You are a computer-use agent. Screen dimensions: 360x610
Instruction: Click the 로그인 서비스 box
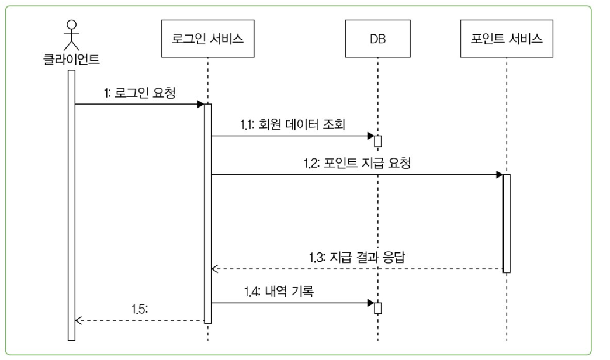click(x=209, y=40)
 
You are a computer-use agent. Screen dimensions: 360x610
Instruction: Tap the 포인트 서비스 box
click(x=507, y=40)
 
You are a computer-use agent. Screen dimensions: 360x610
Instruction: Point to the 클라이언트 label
click(x=71, y=58)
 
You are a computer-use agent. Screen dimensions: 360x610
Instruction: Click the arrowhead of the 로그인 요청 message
click(x=200, y=105)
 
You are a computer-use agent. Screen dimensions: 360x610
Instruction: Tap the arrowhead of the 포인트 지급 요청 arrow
click(x=499, y=175)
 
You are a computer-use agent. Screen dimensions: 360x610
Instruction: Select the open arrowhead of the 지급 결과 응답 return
click(x=214, y=269)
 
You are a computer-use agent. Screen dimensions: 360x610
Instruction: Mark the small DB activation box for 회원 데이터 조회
click(x=378, y=141)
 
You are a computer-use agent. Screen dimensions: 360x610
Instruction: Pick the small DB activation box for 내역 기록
click(x=378, y=308)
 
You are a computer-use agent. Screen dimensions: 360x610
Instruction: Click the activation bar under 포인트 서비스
click(x=507, y=223)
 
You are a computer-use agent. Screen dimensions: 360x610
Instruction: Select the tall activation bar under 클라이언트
click(x=71, y=205)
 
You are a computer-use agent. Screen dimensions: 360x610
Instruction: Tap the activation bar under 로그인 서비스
click(x=207, y=213)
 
